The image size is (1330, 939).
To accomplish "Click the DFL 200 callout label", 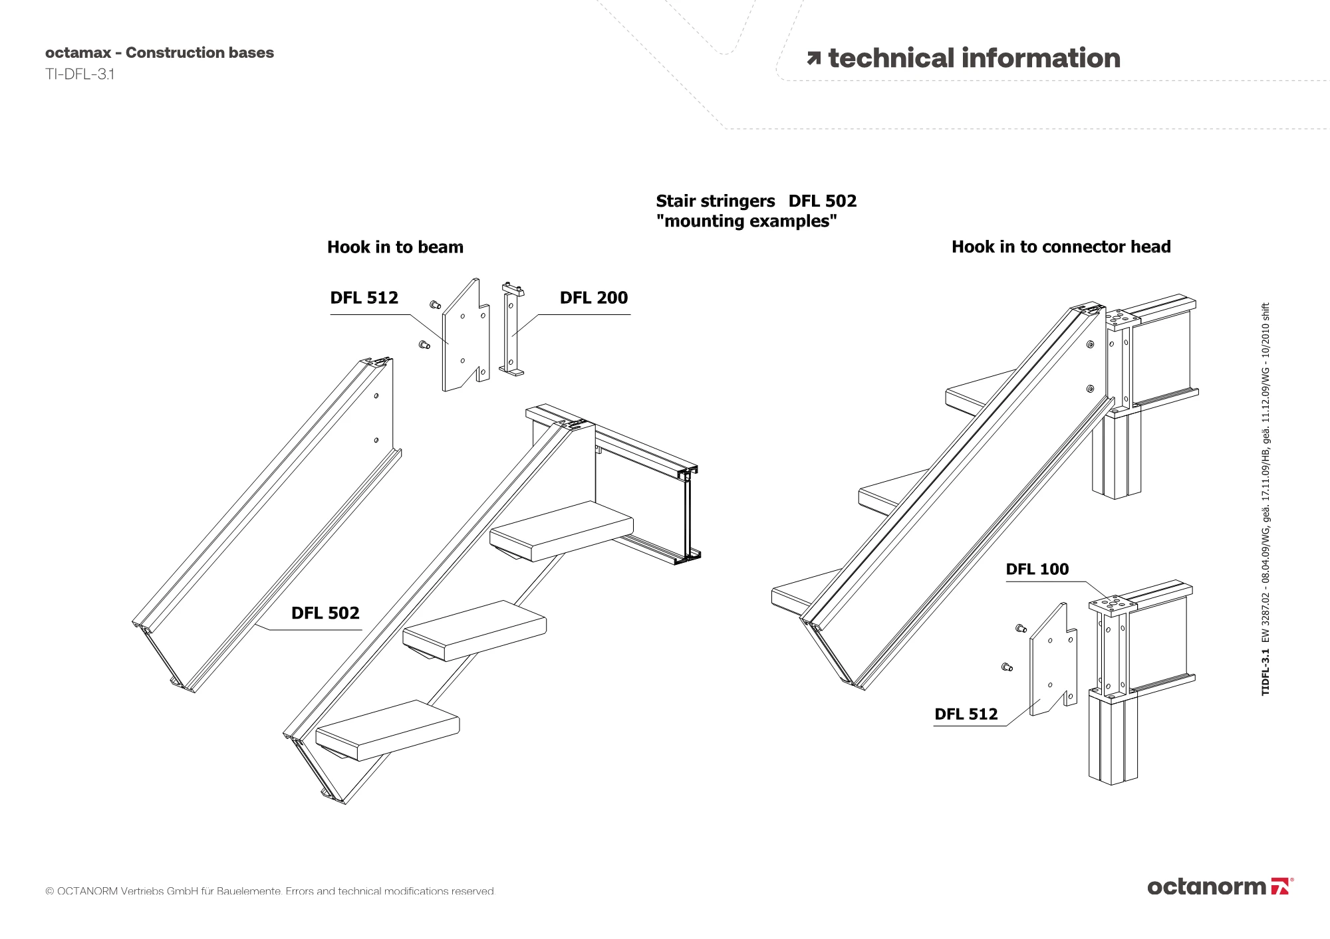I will coord(593,298).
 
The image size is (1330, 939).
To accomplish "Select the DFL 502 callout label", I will coord(325,613).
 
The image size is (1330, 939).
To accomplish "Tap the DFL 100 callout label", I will coord(1037,569).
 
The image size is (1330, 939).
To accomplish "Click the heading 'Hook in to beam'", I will coord(395,247).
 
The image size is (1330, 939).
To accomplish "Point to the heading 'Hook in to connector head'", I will coord(1061,247).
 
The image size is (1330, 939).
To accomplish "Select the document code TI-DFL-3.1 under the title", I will coord(80,74).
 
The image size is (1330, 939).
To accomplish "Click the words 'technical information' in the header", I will coord(974,58).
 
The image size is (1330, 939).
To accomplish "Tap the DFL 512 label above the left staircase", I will coord(364,298).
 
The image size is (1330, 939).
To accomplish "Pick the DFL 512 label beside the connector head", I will coord(966,714).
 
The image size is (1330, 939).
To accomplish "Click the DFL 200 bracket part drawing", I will coord(511,329).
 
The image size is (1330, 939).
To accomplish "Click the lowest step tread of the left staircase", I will coord(388,729).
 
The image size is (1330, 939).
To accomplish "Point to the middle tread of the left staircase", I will coord(475,629).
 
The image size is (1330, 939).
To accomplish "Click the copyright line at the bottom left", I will coord(270,891).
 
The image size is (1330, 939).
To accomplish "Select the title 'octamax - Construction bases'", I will coord(160,52).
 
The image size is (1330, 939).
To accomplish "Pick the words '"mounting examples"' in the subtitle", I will coord(746,221).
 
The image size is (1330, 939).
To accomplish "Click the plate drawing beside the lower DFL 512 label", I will coord(1051,661).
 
